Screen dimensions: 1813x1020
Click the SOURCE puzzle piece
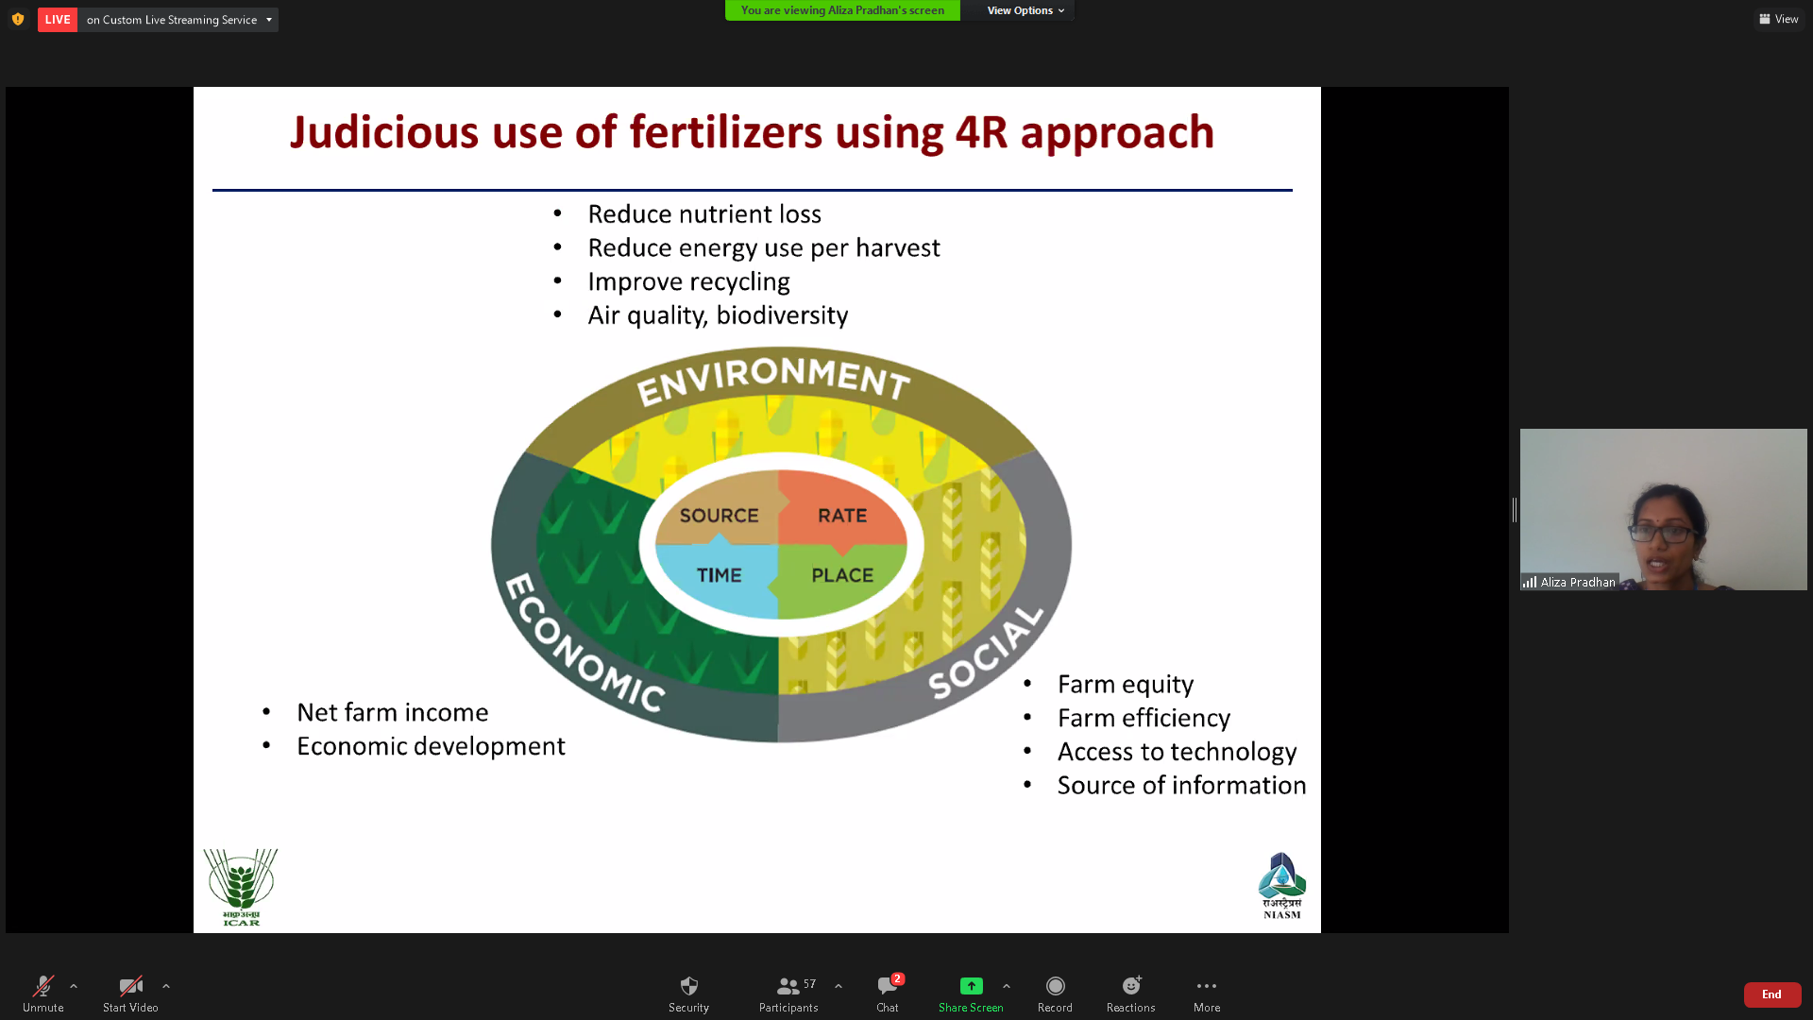click(x=718, y=513)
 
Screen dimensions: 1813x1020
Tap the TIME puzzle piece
click(x=718, y=576)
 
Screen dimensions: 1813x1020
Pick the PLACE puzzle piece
click(x=840, y=577)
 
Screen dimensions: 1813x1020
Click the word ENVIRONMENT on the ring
click(x=773, y=380)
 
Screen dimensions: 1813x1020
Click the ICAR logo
click(x=241, y=887)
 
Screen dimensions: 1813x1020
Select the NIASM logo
click(x=1281, y=886)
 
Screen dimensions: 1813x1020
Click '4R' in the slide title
click(x=982, y=132)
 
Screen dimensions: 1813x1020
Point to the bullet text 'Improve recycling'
click(x=688, y=281)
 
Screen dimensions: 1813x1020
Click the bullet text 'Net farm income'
click(x=393, y=712)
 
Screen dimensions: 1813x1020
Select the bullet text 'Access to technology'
click(x=1177, y=752)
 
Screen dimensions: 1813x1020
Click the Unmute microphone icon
click(x=43, y=986)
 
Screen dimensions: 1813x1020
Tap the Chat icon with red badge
click(x=889, y=985)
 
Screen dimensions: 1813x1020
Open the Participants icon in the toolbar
click(x=788, y=986)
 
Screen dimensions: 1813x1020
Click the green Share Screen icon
click(x=971, y=986)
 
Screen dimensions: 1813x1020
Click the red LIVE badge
click(x=58, y=20)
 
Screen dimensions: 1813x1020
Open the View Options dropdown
click(x=1025, y=10)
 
